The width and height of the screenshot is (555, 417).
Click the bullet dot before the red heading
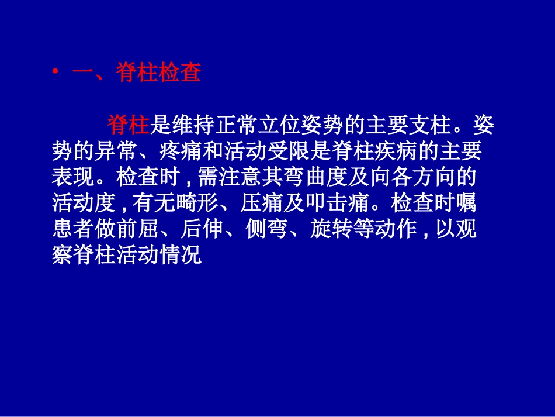[x=56, y=72]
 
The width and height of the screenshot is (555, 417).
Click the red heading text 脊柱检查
[x=158, y=73]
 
